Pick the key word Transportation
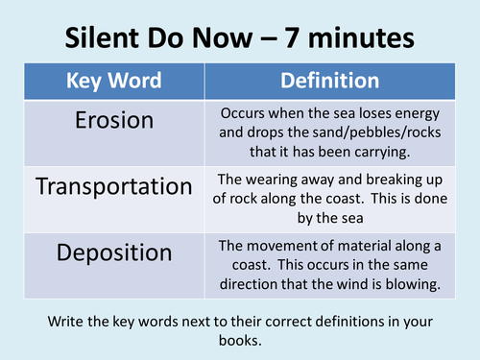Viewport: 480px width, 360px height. click(x=115, y=186)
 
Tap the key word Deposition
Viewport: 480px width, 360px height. click(x=115, y=254)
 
